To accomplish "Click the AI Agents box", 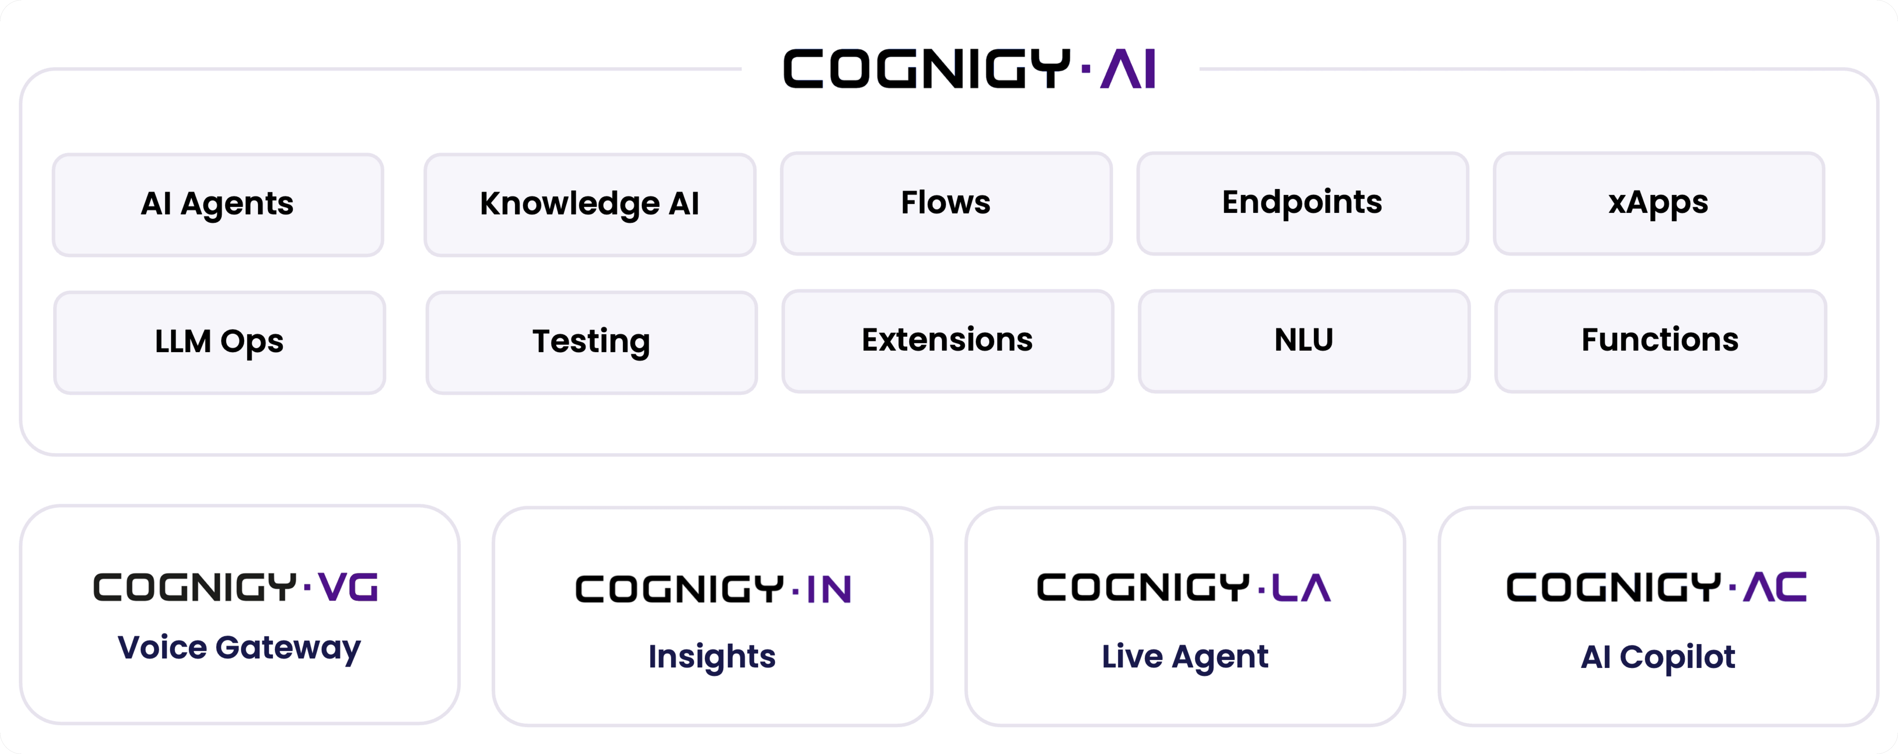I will pyautogui.click(x=217, y=204).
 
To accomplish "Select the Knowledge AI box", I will pyautogui.click(x=590, y=204).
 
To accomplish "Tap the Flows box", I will pyautogui.click(x=946, y=203).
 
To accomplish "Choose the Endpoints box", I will pyautogui.click(x=1302, y=203).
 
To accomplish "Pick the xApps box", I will pyautogui.click(x=1658, y=203).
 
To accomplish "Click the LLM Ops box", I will pyautogui.click(x=219, y=341).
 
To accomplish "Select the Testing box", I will pyautogui.click(x=591, y=341).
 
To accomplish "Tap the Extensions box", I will pyautogui.click(x=947, y=340).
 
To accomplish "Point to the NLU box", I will pyautogui.click(x=1303, y=340).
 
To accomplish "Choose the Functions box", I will pyautogui.click(x=1660, y=340).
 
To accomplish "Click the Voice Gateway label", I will pyautogui.click(x=240, y=648).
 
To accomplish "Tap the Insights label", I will pyautogui.click(x=712, y=656).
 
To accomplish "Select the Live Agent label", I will pyautogui.click(x=1185, y=656).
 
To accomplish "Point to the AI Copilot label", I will pyautogui.click(x=1658, y=656).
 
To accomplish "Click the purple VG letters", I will pyautogui.click(x=348, y=587).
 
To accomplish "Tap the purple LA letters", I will pyautogui.click(x=1301, y=587).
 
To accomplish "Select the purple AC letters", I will pyautogui.click(x=1774, y=587).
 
